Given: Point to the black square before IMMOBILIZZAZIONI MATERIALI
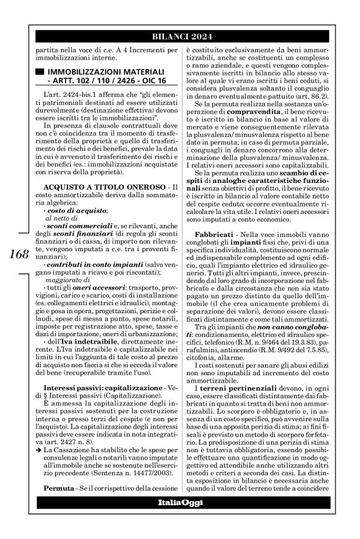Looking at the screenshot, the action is pyautogui.click(x=40, y=71).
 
